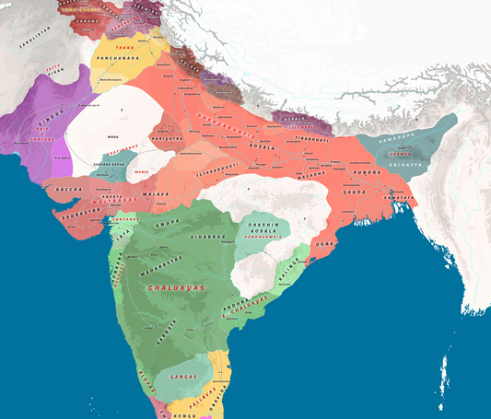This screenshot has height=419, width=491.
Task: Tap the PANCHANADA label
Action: tap(117, 67)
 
